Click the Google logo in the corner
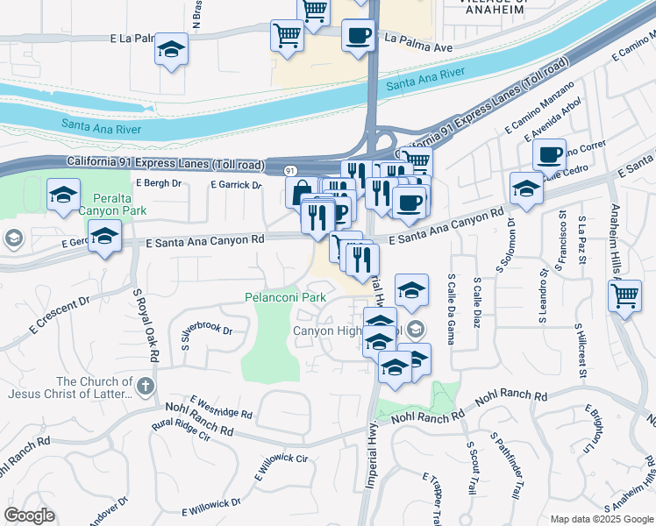(30, 515)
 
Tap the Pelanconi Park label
(285, 297)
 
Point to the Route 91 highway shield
(290, 168)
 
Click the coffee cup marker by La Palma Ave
(358, 37)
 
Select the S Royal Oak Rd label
(146, 327)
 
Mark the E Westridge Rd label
(221, 404)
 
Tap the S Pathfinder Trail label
(512, 464)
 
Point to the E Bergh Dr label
(159, 183)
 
